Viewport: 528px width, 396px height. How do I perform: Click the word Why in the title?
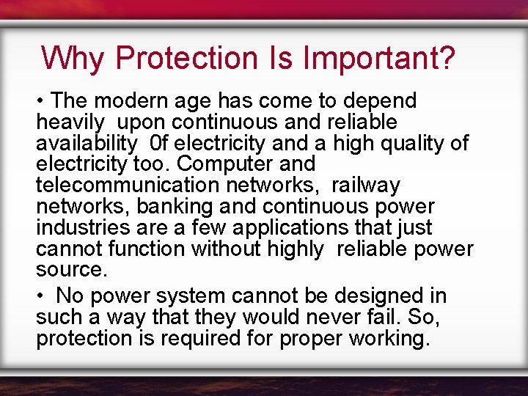point(73,58)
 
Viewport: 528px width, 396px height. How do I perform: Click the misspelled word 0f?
point(159,143)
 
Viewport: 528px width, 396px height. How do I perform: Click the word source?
point(71,270)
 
